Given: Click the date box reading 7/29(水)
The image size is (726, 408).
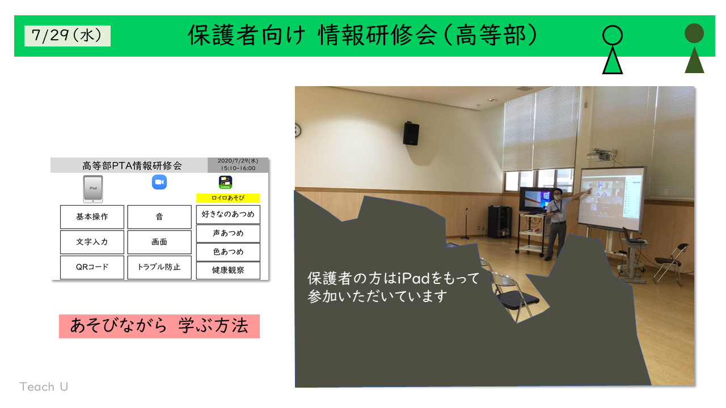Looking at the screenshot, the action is pyautogui.click(x=67, y=36).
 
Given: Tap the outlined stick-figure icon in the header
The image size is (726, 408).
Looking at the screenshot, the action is pyautogui.click(x=612, y=49).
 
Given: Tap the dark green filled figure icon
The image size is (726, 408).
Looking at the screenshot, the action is pyautogui.click(x=694, y=48).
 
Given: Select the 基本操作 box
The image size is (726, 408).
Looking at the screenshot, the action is pyautogui.click(x=92, y=216).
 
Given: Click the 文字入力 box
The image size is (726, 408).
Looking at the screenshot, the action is pyautogui.click(x=92, y=242).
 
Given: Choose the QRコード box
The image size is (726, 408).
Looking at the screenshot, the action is pyautogui.click(x=92, y=267).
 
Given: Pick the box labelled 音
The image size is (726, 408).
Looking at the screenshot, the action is pyautogui.click(x=159, y=216).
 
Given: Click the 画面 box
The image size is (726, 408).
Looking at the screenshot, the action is pyautogui.click(x=159, y=242).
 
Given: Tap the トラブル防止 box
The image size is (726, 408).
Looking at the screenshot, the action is pyautogui.click(x=159, y=267).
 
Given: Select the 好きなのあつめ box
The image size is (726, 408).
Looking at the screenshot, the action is pyautogui.click(x=228, y=214).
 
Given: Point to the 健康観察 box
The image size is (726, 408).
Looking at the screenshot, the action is pyautogui.click(x=228, y=270).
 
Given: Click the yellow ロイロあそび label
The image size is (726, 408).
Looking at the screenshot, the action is pyautogui.click(x=228, y=198).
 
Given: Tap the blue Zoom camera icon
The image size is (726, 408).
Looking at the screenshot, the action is pyautogui.click(x=159, y=182).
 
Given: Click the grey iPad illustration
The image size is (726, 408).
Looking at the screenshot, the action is pyautogui.click(x=93, y=189).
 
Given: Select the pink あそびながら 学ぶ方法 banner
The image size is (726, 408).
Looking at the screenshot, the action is pyautogui.click(x=159, y=326).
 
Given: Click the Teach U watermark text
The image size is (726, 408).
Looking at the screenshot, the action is pyautogui.click(x=44, y=386).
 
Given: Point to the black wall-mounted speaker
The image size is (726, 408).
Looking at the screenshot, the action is pyautogui.click(x=411, y=133).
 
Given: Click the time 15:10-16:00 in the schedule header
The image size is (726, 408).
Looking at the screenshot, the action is pyautogui.click(x=238, y=168).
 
